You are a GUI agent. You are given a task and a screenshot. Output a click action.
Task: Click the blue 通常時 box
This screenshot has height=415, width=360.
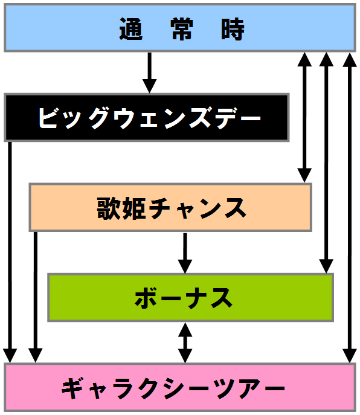[x=180, y=28]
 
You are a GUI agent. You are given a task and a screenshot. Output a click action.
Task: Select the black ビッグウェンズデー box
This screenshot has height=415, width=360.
[x=147, y=118]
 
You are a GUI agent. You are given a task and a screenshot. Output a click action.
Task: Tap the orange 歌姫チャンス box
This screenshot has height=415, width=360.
[x=170, y=207]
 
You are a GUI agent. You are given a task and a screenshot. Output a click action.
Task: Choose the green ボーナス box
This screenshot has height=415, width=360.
[x=191, y=297]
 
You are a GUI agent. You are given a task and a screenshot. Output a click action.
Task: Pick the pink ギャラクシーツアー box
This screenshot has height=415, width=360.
[x=180, y=387]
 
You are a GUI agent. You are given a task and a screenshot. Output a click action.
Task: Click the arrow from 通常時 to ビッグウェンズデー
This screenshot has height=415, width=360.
[x=150, y=72]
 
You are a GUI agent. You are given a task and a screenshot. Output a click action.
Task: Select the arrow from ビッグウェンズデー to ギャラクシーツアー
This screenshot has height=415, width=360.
[x=10, y=252]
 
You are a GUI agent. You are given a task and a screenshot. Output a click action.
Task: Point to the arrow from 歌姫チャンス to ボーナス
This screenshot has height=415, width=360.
[x=185, y=253]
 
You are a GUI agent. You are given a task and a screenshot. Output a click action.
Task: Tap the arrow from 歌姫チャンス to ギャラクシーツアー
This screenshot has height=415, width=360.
[x=36, y=297]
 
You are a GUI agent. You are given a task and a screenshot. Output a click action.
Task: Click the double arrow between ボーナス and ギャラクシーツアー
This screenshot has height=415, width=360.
[x=185, y=343]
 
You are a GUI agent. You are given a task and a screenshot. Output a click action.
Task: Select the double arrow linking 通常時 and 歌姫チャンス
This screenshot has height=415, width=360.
[x=304, y=117]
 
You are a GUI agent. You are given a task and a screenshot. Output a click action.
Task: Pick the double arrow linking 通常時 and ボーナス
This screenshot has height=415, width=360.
[x=326, y=162]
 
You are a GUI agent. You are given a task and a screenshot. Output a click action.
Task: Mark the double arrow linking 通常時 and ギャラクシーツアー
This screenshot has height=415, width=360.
[x=349, y=208]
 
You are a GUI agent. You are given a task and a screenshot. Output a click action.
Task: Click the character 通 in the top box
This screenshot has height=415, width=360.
[x=130, y=29]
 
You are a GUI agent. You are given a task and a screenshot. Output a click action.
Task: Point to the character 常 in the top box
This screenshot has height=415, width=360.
[x=182, y=29]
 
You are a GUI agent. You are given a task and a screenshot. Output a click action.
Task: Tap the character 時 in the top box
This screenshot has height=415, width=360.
[x=233, y=29]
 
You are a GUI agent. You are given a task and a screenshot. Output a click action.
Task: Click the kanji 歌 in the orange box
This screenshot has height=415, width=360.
[x=109, y=208]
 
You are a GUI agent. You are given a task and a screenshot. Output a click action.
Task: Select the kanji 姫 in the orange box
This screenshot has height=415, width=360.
[x=134, y=208]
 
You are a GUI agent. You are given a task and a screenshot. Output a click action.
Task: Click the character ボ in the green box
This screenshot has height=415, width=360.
[x=146, y=298]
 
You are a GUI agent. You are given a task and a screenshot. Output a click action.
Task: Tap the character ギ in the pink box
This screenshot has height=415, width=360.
[x=73, y=388]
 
